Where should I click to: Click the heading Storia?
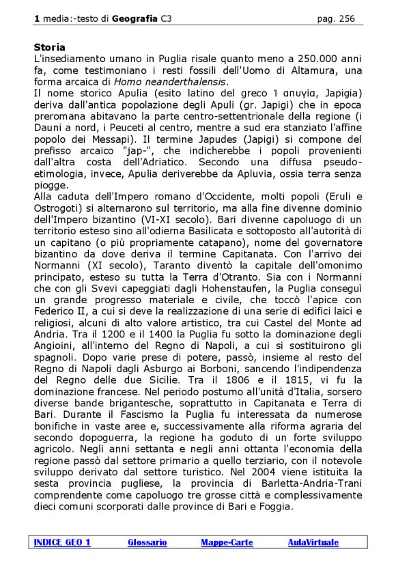pyautogui.click(x=49, y=47)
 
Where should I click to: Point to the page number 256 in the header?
pyautogui.click(x=347, y=18)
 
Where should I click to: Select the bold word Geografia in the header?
pyautogui.click(x=133, y=18)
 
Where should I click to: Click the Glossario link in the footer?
pyautogui.click(x=147, y=542)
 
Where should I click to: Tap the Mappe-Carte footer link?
pyautogui.click(x=227, y=542)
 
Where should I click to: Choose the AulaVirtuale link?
pyautogui.click(x=313, y=542)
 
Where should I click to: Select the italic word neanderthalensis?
pyautogui.click(x=188, y=82)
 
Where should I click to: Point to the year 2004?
pyautogui.click(x=296, y=472)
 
